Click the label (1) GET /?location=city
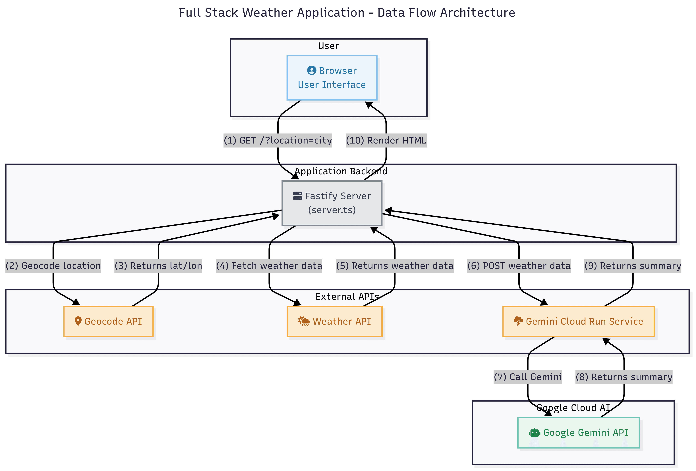click(278, 140)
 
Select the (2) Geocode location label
click(53, 266)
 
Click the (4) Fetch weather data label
click(269, 266)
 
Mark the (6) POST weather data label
click(519, 266)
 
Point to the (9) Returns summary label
click(633, 266)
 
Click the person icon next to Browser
click(311, 70)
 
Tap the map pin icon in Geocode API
click(78, 321)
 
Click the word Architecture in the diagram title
click(477, 13)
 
